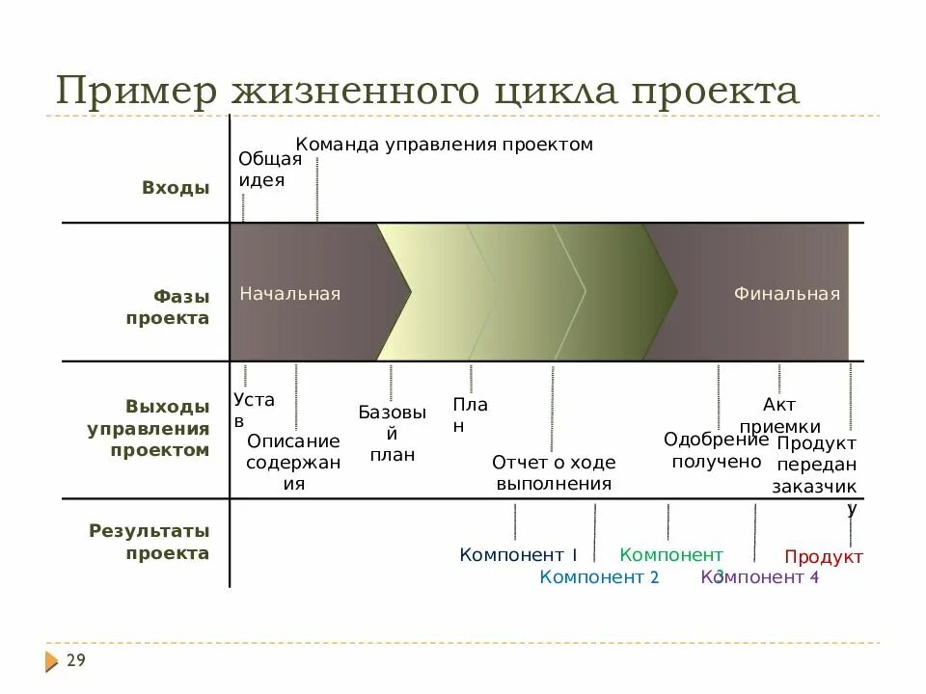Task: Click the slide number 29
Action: point(76,660)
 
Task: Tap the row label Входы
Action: point(176,188)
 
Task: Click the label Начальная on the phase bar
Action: point(290,293)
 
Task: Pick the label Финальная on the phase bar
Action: point(786,293)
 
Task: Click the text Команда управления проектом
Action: point(444,145)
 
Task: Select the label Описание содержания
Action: point(294,462)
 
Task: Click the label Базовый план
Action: point(392,433)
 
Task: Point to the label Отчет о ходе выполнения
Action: point(554,472)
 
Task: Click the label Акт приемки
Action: point(779,415)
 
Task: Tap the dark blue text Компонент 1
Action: point(518,554)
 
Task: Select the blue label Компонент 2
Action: point(599,577)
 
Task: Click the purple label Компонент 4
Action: point(760,577)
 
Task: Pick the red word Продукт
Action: point(824,556)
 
